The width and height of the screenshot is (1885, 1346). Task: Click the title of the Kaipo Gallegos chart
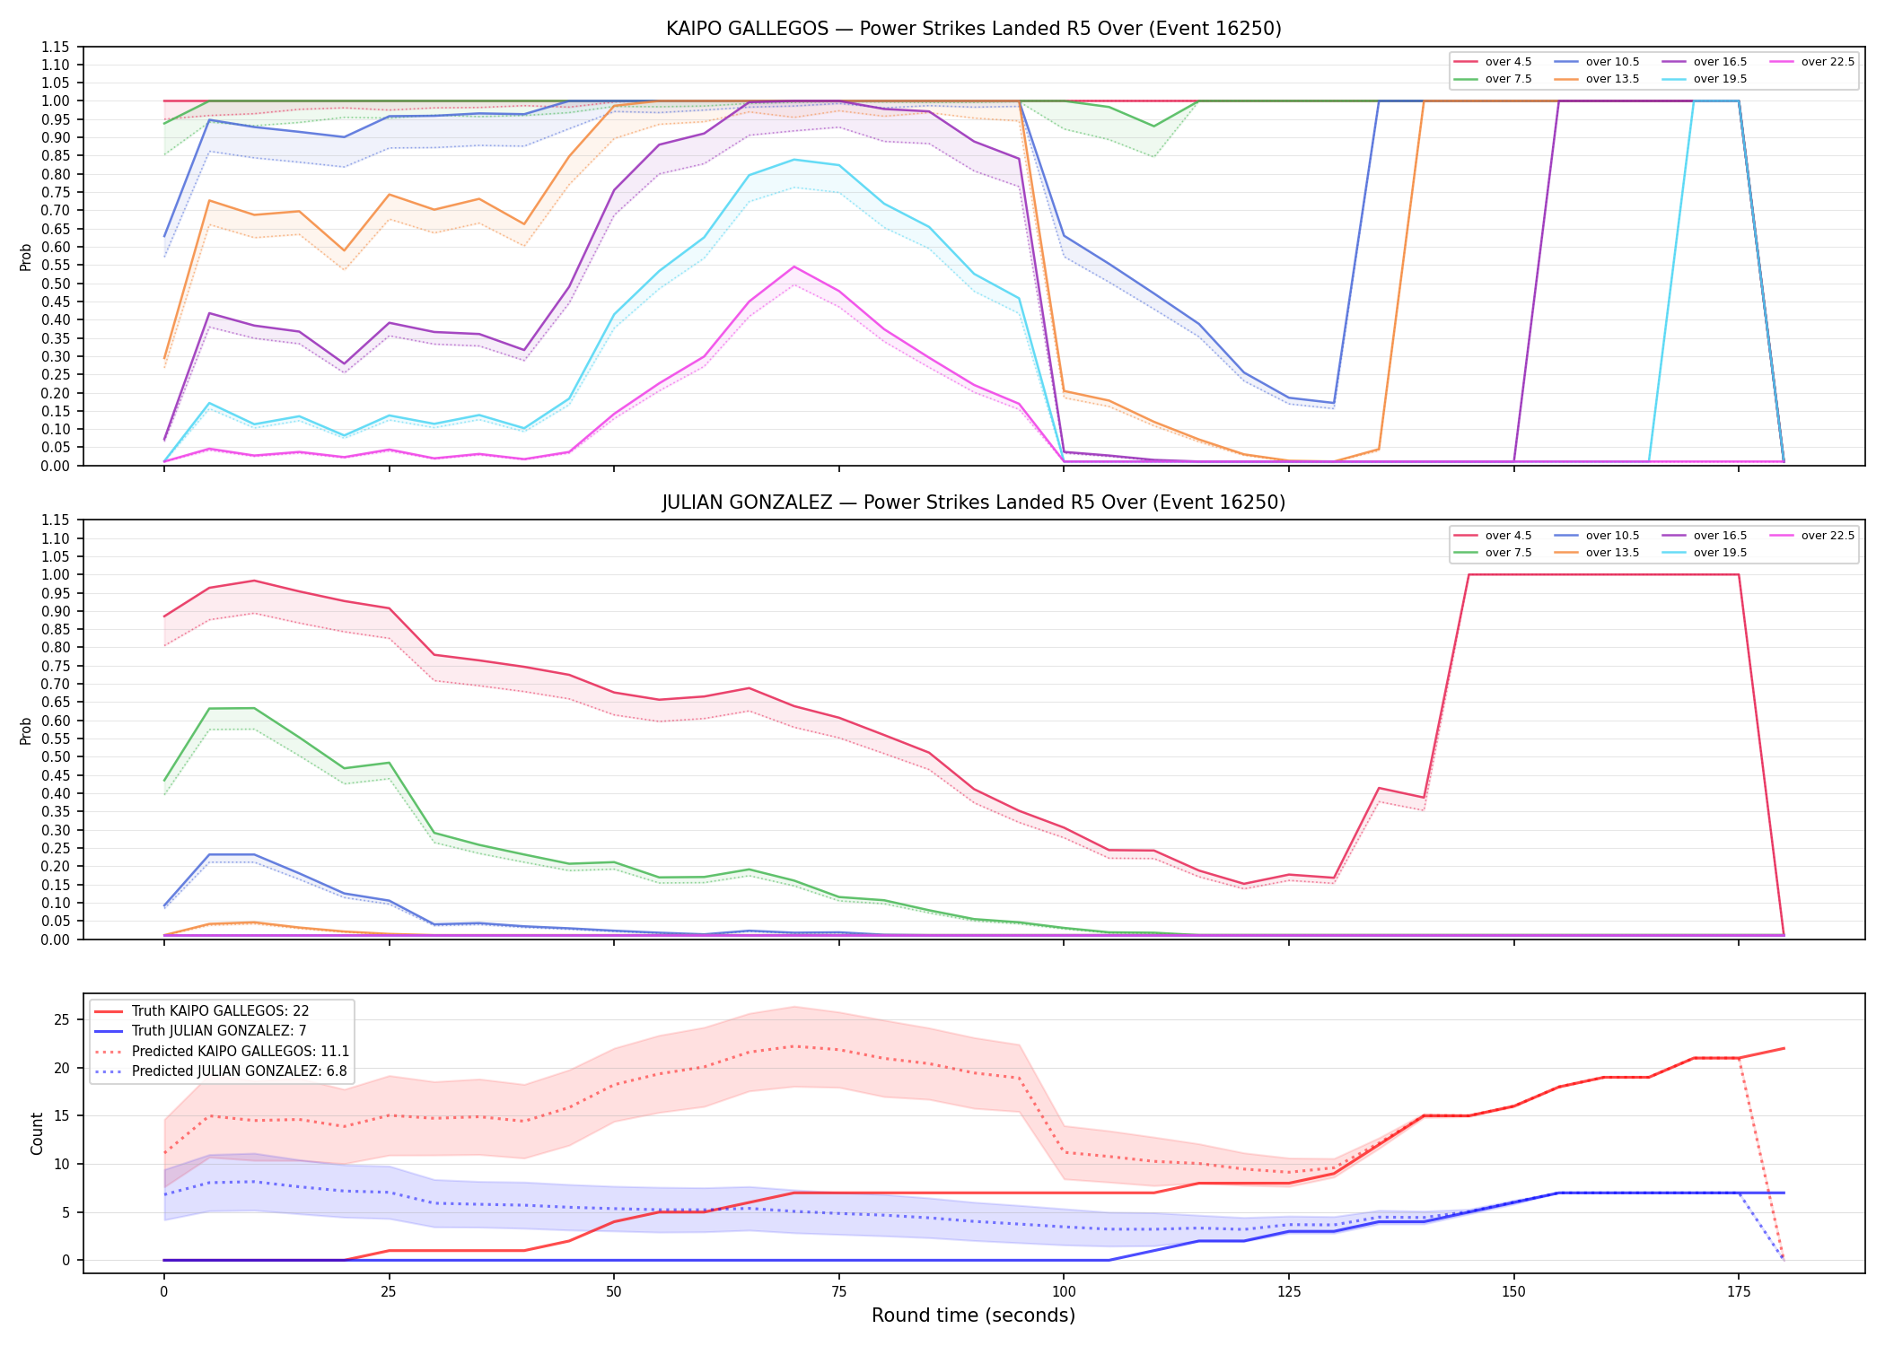(973, 29)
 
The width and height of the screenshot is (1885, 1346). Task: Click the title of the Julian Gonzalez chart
(973, 503)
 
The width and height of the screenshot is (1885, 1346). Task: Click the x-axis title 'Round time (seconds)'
(973, 1315)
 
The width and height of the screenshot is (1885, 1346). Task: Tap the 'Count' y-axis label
(37, 1133)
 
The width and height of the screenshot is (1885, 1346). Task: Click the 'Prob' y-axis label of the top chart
(26, 257)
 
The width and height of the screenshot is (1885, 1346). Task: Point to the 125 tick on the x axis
(1289, 1292)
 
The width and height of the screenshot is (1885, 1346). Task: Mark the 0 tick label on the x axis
(163, 1292)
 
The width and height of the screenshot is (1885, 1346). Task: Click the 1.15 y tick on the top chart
(56, 47)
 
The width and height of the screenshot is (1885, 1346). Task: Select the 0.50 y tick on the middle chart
(56, 756)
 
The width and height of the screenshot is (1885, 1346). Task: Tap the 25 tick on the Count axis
(62, 1019)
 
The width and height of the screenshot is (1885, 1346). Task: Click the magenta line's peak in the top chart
(793, 267)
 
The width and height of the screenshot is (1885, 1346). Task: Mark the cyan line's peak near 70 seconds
(793, 160)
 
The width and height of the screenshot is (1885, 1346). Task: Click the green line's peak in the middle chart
(254, 708)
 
